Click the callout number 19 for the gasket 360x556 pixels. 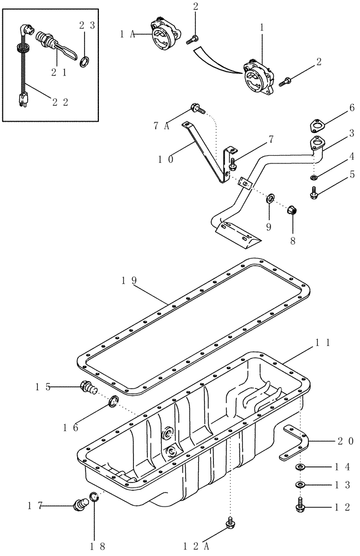tap(128, 281)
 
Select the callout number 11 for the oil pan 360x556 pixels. tap(323, 344)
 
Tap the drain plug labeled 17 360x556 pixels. tap(81, 504)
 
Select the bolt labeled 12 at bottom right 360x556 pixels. tap(299, 507)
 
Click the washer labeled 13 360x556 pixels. tap(299, 485)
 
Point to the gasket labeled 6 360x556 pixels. tap(318, 125)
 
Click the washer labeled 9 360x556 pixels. tap(271, 197)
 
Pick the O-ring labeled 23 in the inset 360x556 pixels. tap(84, 60)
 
